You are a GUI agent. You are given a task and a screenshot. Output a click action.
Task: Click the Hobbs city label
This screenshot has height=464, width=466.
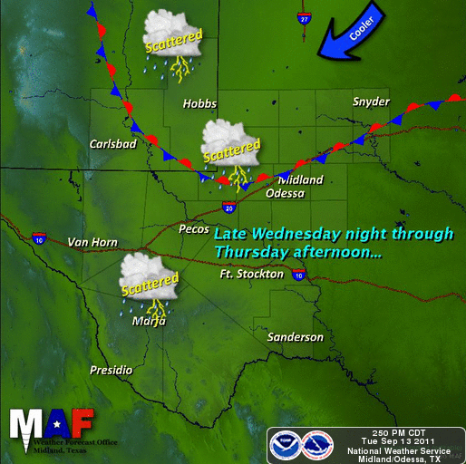[x=199, y=104]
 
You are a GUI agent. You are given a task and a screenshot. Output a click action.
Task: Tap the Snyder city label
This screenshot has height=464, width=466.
[x=371, y=101]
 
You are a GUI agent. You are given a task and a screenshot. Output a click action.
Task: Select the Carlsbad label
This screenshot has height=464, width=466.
[x=112, y=144]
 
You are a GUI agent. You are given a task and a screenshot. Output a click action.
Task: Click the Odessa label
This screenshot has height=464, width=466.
[x=285, y=193]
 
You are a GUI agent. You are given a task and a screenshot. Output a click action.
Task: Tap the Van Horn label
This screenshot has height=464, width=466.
[x=92, y=242]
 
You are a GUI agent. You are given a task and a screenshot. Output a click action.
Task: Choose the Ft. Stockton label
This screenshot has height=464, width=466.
[x=252, y=274]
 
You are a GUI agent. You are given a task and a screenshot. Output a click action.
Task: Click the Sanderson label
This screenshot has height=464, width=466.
[x=295, y=337]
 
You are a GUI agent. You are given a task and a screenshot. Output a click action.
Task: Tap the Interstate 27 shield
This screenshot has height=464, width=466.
[x=303, y=17]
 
